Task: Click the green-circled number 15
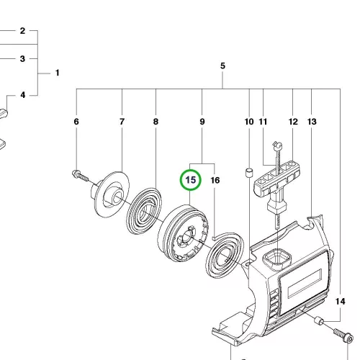coord(191,180)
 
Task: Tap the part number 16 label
coord(215,180)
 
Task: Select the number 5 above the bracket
coord(222,66)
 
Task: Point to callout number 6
coord(76,122)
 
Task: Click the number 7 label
coord(122,122)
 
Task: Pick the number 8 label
coord(156,122)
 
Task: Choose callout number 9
coord(202,122)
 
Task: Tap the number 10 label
coord(249,122)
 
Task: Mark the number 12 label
coord(293,122)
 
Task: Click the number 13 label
coord(312,122)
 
